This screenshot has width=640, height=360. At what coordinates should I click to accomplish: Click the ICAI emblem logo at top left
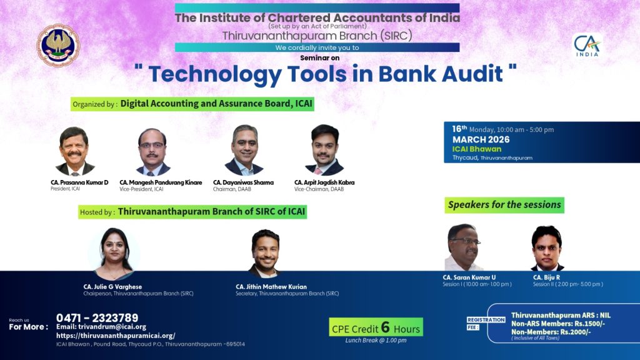[x=58, y=45]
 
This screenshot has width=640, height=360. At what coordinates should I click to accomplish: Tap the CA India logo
[x=587, y=45]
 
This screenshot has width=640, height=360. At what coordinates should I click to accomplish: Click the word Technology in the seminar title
[x=215, y=75]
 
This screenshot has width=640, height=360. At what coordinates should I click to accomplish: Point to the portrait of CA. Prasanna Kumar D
[x=74, y=151]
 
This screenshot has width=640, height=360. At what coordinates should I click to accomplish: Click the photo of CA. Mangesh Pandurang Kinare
[x=152, y=152]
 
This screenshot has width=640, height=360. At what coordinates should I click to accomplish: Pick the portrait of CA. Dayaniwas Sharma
[x=244, y=150]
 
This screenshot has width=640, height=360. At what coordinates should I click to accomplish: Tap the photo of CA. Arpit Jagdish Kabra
[x=324, y=150]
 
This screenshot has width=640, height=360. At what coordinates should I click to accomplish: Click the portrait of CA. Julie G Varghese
[x=114, y=254]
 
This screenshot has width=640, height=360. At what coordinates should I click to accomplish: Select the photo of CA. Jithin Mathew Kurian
[x=265, y=254]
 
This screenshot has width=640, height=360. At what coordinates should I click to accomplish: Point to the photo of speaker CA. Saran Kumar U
[x=464, y=247]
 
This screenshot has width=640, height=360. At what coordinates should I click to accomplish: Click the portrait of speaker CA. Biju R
[x=547, y=248]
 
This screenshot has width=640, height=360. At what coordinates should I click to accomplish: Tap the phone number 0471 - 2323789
[x=97, y=318]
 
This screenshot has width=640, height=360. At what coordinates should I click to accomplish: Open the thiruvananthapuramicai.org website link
[x=116, y=336]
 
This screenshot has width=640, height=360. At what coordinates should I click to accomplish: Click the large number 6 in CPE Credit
[x=385, y=327]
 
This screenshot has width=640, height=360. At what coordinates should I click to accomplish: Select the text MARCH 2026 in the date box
[x=481, y=139]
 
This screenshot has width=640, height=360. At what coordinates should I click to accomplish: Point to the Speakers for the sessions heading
[x=504, y=205]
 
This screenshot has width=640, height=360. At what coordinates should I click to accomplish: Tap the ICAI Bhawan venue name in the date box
[x=476, y=149]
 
